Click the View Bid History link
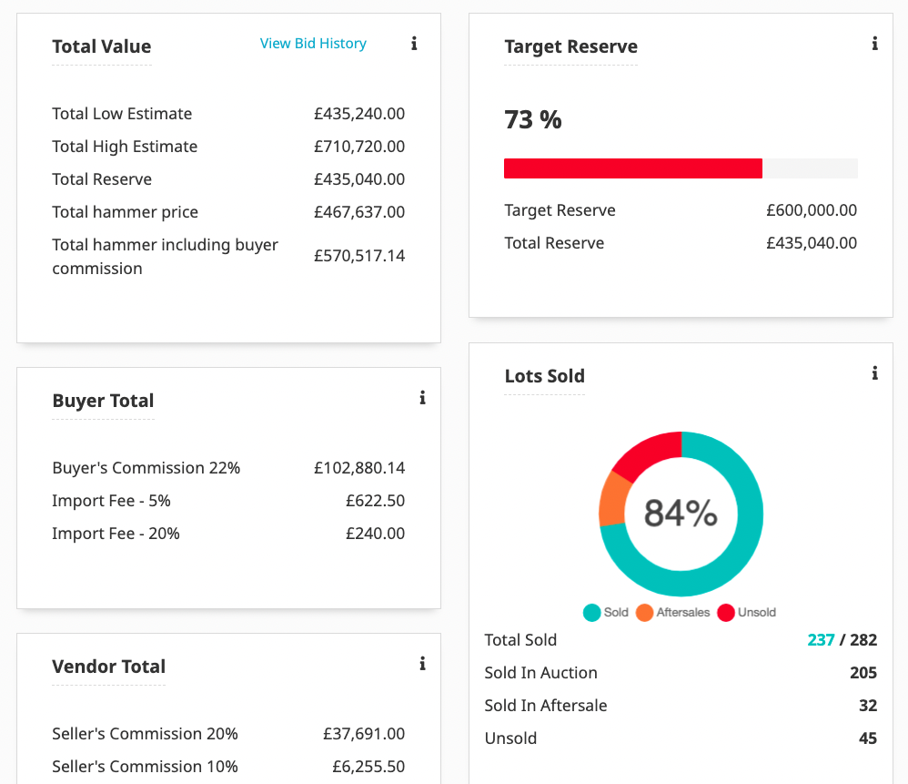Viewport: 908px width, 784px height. [x=313, y=44]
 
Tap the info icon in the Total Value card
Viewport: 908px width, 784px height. [x=414, y=44]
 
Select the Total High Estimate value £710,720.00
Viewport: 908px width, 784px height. [x=359, y=147]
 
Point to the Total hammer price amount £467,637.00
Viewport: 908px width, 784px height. [x=359, y=212]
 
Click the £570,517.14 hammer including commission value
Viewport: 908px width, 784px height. [x=359, y=256]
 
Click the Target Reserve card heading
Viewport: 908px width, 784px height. [x=570, y=46]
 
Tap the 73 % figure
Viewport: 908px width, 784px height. [x=533, y=119]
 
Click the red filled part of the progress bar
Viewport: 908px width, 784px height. [x=632, y=168]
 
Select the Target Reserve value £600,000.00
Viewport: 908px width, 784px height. [x=812, y=210]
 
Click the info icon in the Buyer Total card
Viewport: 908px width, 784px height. [x=422, y=398]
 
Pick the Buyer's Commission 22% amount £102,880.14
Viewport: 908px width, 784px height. [x=359, y=468]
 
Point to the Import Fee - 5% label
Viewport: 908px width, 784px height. [x=111, y=501]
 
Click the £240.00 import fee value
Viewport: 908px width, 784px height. [x=375, y=534]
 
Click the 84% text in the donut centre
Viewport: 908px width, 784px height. [x=681, y=514]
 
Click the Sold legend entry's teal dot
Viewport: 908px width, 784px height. [x=592, y=613]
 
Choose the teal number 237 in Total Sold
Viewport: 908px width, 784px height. [x=821, y=640]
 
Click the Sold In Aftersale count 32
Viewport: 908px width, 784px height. [x=867, y=706]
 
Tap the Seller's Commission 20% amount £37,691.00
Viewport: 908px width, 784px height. [x=364, y=734]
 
